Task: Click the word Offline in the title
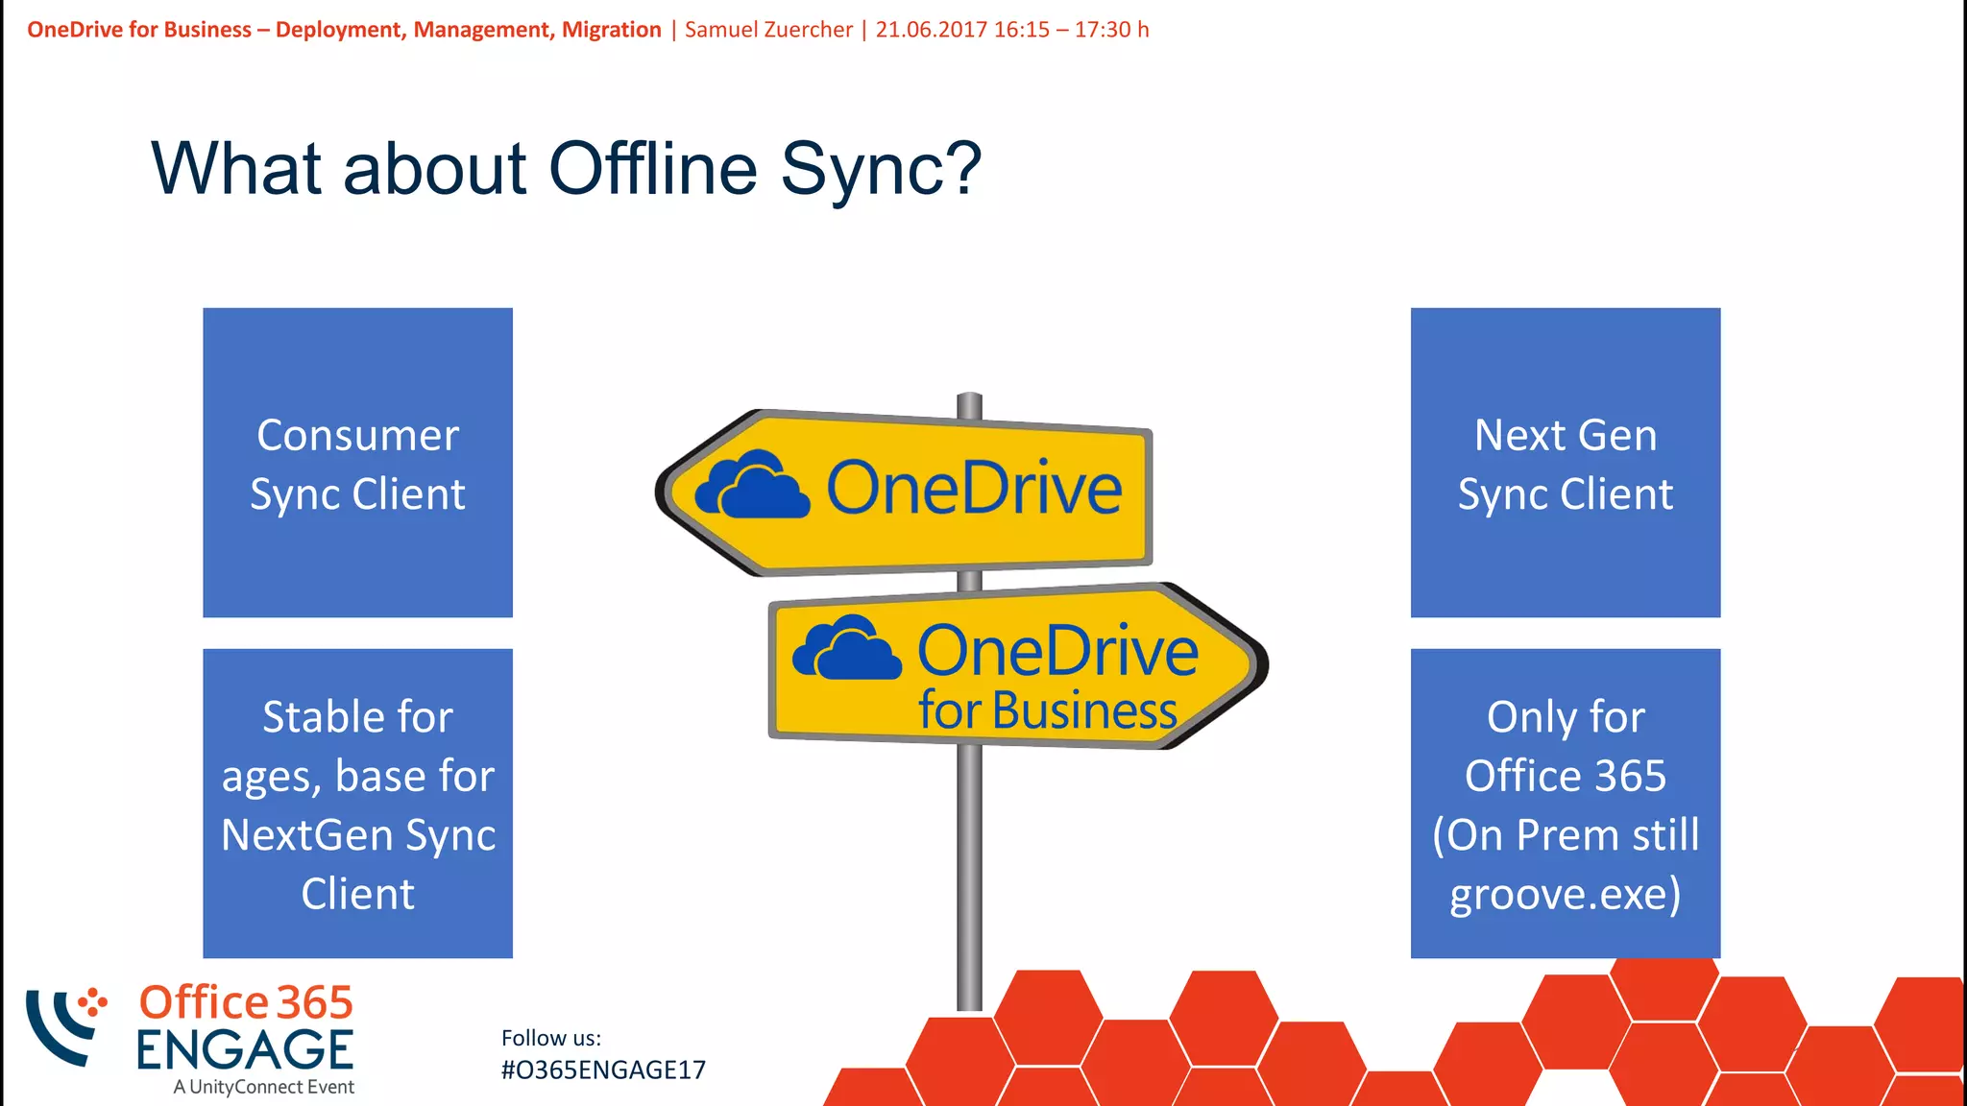652,169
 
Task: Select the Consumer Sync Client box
357,463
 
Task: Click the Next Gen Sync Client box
1565,463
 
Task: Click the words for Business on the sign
1047,711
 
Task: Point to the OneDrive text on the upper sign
973,489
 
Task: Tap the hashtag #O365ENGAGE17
603,1070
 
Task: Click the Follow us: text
551,1038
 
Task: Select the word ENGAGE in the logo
245,1050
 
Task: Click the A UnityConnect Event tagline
264,1087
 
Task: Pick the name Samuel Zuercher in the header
768,30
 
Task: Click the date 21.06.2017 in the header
931,30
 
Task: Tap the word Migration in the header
611,30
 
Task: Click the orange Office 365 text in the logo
246,1002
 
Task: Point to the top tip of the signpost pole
970,396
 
